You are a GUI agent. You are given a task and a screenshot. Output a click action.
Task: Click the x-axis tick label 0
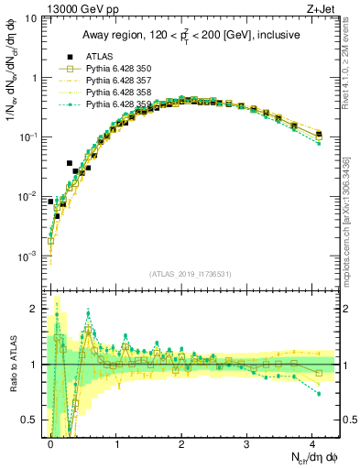pos(50,442)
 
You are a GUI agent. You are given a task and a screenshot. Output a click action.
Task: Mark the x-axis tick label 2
pos(181,442)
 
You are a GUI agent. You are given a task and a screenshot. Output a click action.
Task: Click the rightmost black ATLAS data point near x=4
pos(319,135)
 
